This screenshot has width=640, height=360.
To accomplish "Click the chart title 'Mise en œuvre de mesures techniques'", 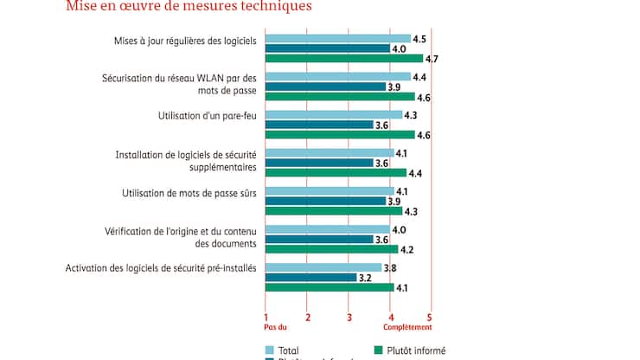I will tap(189, 7).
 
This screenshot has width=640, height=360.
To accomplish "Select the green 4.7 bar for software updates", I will tap(343, 59).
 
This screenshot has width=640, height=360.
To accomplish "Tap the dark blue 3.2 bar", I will tap(310, 278).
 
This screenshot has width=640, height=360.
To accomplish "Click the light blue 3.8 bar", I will tap(323, 267).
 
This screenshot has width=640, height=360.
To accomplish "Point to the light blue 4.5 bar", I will tap(337, 39).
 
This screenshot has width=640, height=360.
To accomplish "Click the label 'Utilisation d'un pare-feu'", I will tap(203, 115).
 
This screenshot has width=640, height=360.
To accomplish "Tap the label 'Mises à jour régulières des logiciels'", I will tap(185, 40).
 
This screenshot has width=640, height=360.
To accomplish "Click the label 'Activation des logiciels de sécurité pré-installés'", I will tap(161, 268).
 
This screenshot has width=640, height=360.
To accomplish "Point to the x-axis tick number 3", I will tap(349, 317).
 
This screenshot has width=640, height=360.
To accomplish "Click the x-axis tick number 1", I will tap(266, 317).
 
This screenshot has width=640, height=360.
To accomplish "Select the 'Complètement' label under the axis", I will tap(408, 327).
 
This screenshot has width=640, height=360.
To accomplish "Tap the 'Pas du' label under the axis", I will tap(275, 327).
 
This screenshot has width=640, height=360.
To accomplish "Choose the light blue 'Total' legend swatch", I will tap(269, 350).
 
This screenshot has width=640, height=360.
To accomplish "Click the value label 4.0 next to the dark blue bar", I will tap(400, 48).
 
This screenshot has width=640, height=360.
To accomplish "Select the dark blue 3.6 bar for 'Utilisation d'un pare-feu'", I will tap(319, 125).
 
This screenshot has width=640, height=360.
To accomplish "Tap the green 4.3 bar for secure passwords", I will tap(333, 211).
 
